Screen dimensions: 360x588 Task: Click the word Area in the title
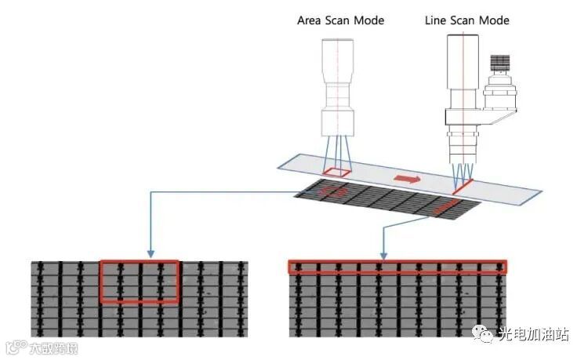coord(310,20)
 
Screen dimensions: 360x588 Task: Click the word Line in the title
coord(437,20)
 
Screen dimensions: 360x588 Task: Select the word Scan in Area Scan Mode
coord(340,20)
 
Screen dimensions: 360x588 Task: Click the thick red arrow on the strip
coord(406,180)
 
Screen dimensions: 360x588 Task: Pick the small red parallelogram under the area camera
coord(338,172)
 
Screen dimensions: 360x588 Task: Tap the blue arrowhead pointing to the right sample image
coord(383,254)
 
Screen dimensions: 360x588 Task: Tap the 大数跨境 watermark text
coord(53,347)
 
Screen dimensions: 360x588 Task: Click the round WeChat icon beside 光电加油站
coord(487,335)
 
